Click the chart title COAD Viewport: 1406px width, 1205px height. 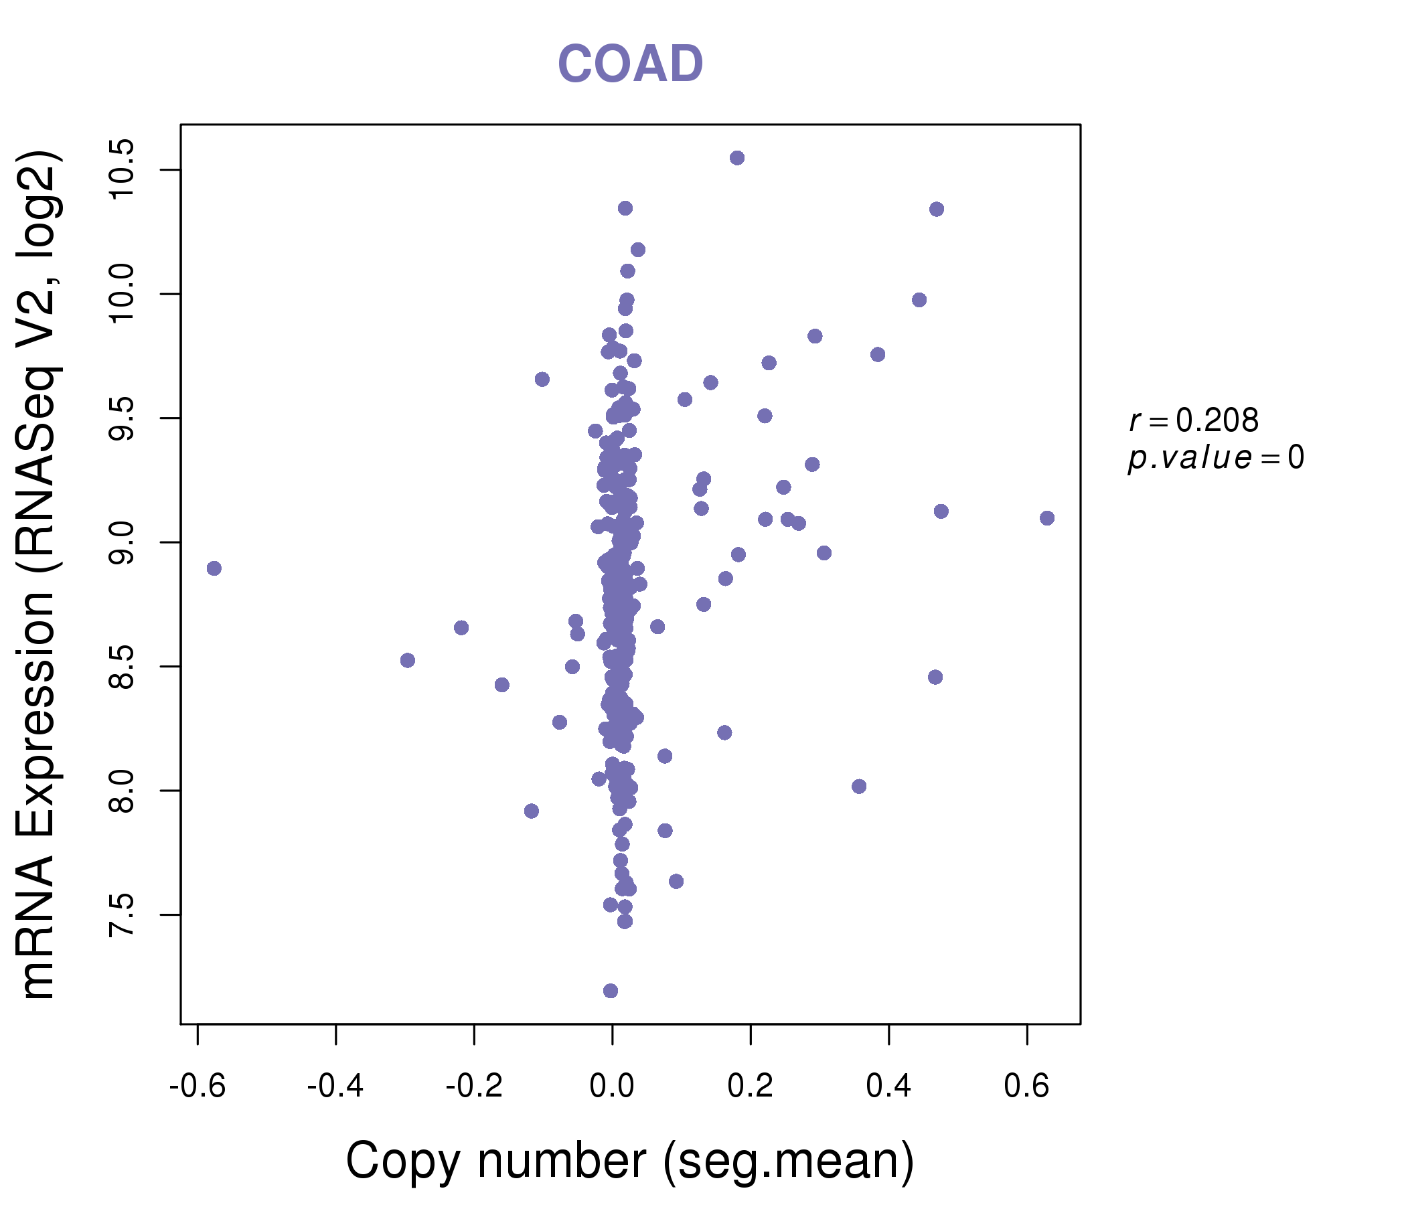click(x=630, y=64)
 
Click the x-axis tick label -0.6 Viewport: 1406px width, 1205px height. click(x=198, y=1087)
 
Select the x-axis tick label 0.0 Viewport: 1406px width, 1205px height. click(x=612, y=1087)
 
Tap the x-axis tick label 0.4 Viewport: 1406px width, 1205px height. click(x=889, y=1087)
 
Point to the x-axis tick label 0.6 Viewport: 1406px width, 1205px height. click(x=1026, y=1087)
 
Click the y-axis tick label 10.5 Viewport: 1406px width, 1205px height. click(x=123, y=169)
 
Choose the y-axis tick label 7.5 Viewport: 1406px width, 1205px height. click(x=123, y=914)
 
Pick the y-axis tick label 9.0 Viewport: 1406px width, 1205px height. click(x=123, y=542)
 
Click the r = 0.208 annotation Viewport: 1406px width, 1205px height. click(x=1194, y=420)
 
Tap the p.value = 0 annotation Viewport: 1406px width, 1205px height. click(x=1216, y=458)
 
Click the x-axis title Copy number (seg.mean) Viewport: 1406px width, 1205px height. click(x=630, y=1160)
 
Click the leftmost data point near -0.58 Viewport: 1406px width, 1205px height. click(x=214, y=568)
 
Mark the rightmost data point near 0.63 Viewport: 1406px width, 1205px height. click(x=1047, y=518)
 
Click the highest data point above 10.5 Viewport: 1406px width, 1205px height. click(x=737, y=158)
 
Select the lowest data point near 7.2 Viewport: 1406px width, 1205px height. click(x=611, y=991)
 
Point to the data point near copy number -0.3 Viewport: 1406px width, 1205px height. click(x=407, y=660)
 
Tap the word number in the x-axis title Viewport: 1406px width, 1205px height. click(x=562, y=1160)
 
